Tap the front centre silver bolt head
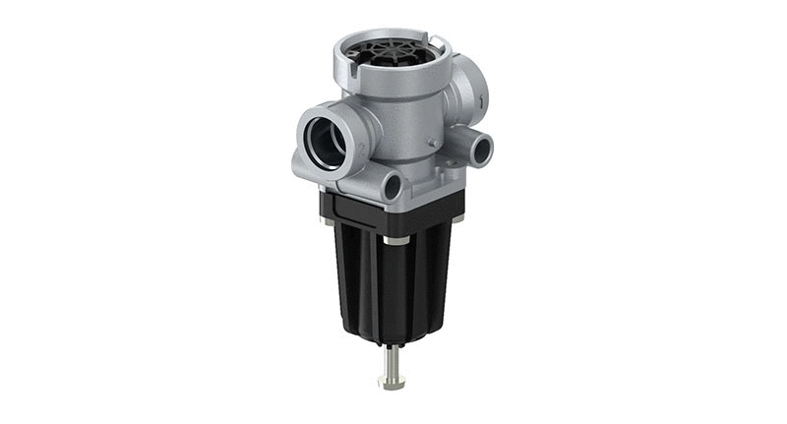[395, 240]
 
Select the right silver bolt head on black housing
[457, 218]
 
